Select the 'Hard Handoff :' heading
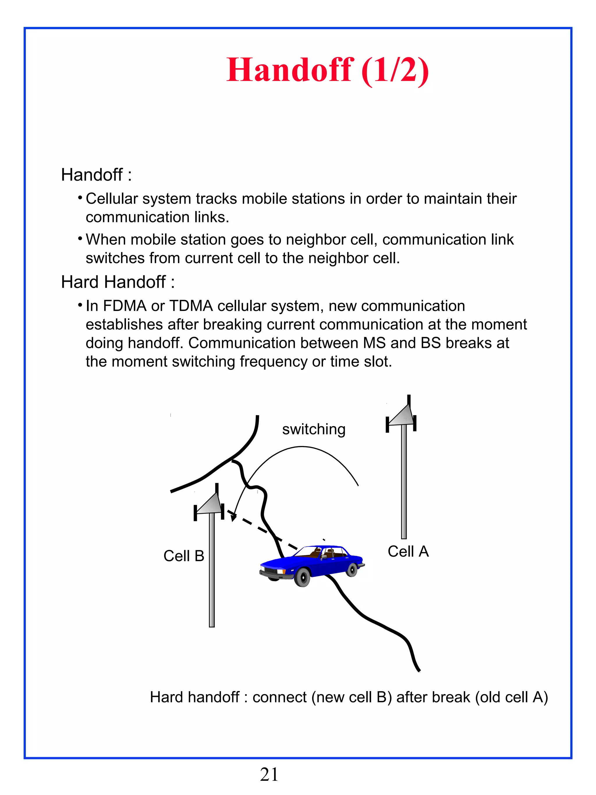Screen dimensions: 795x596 [118, 282]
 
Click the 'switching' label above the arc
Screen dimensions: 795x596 [314, 429]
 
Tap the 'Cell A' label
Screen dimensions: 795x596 [408, 551]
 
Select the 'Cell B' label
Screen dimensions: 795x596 [184, 556]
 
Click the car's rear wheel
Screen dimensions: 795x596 [352, 570]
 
